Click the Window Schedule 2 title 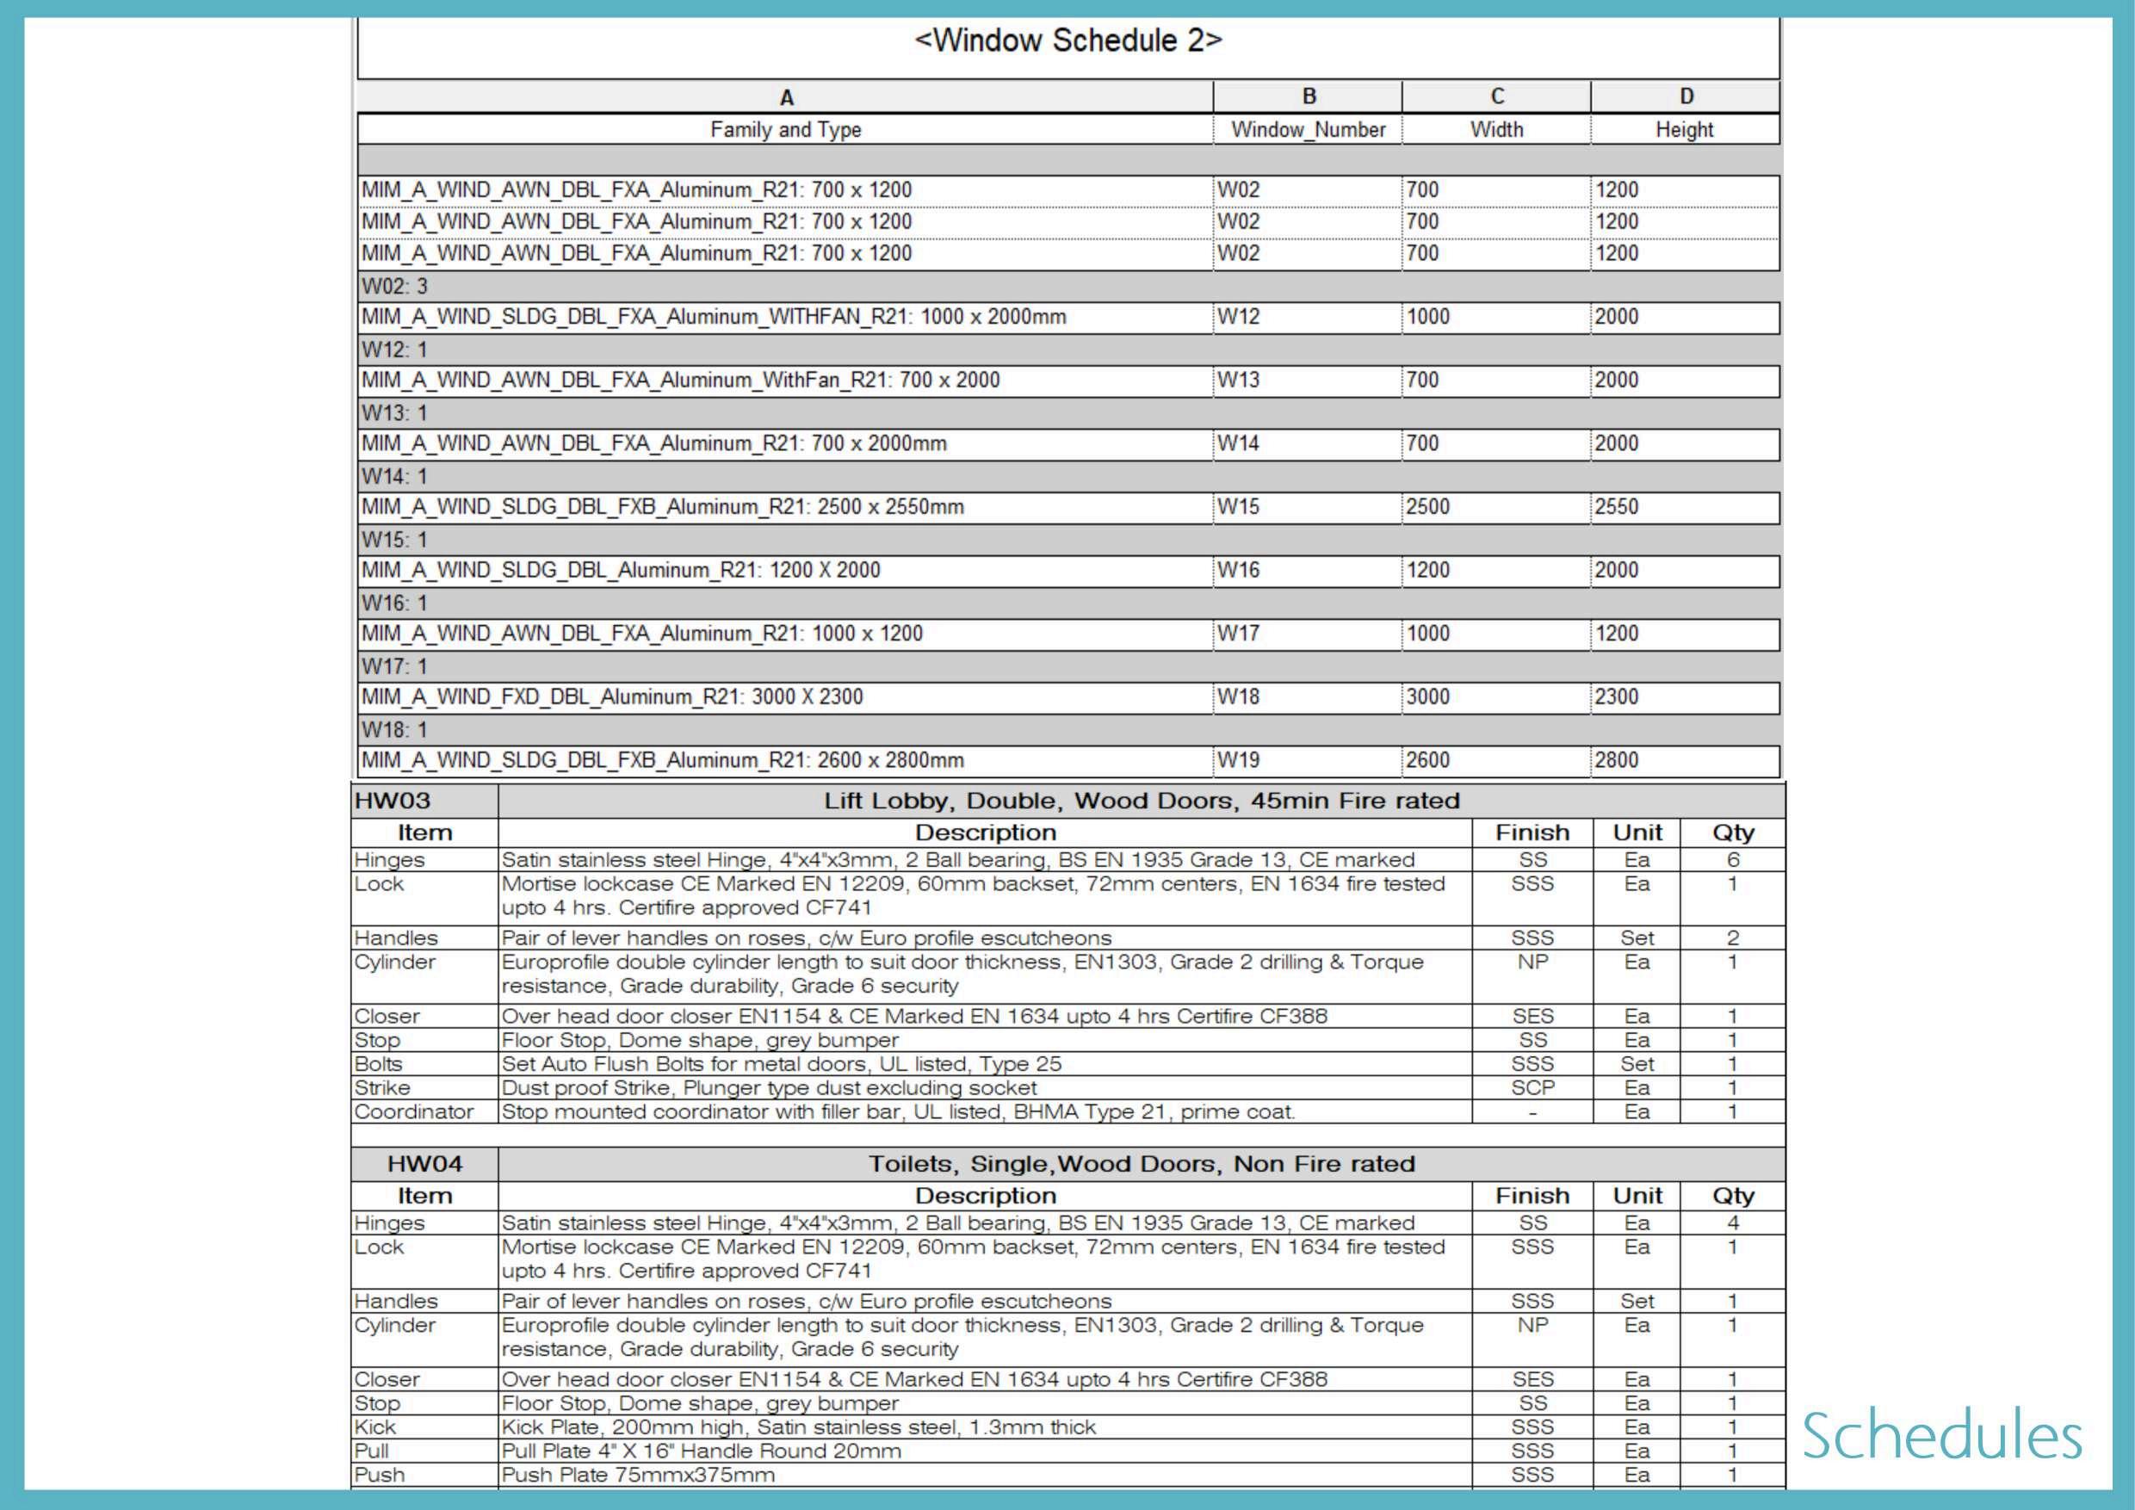tap(1067, 41)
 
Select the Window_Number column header tap(1308, 129)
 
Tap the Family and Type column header tap(785, 129)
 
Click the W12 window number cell tap(1239, 317)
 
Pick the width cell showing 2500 tap(1427, 507)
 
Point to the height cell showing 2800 tap(1616, 760)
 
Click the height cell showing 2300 tap(1616, 697)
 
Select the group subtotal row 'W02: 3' tap(394, 287)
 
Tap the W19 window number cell tap(1239, 760)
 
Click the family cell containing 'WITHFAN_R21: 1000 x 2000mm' tap(713, 317)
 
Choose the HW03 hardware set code tap(393, 801)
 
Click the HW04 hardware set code tap(424, 1164)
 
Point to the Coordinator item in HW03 tap(414, 1112)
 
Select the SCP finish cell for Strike tap(1532, 1088)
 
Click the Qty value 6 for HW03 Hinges tap(1732, 860)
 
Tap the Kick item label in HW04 tap(374, 1427)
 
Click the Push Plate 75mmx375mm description tap(638, 1475)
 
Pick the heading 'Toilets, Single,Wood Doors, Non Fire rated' tap(1141, 1164)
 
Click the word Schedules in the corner tap(1941, 1437)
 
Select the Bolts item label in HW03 tap(379, 1064)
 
